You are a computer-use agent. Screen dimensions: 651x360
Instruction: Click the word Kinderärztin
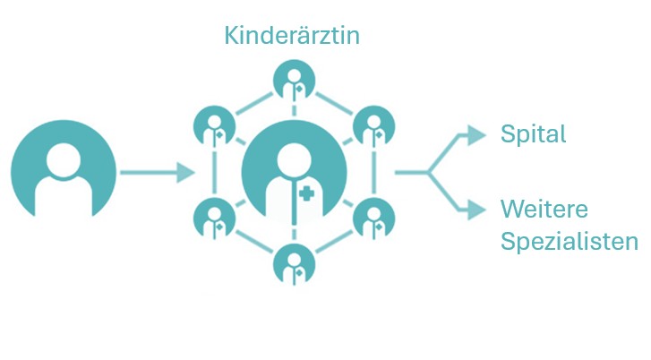tap(293, 38)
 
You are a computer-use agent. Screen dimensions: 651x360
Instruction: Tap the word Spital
tap(533, 135)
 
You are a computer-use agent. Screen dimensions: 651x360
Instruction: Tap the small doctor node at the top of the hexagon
tap(294, 81)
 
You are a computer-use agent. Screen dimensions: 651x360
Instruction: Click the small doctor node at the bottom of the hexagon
tap(294, 262)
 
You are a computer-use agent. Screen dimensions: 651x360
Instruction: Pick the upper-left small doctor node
tap(216, 127)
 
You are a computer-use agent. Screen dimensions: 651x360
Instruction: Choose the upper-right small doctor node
tap(372, 127)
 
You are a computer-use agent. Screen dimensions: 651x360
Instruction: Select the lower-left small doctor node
tap(216, 217)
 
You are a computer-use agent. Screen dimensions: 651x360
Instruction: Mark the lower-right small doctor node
tap(372, 217)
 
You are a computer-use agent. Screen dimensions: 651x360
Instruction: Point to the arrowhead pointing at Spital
tap(475, 135)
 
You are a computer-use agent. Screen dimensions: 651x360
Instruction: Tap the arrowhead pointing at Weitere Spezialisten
tap(475, 210)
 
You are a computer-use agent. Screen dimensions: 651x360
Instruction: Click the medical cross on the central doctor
tap(308, 193)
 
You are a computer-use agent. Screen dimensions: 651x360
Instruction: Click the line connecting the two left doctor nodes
tap(216, 172)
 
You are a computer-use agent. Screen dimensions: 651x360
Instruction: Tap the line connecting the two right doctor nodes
tap(372, 172)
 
